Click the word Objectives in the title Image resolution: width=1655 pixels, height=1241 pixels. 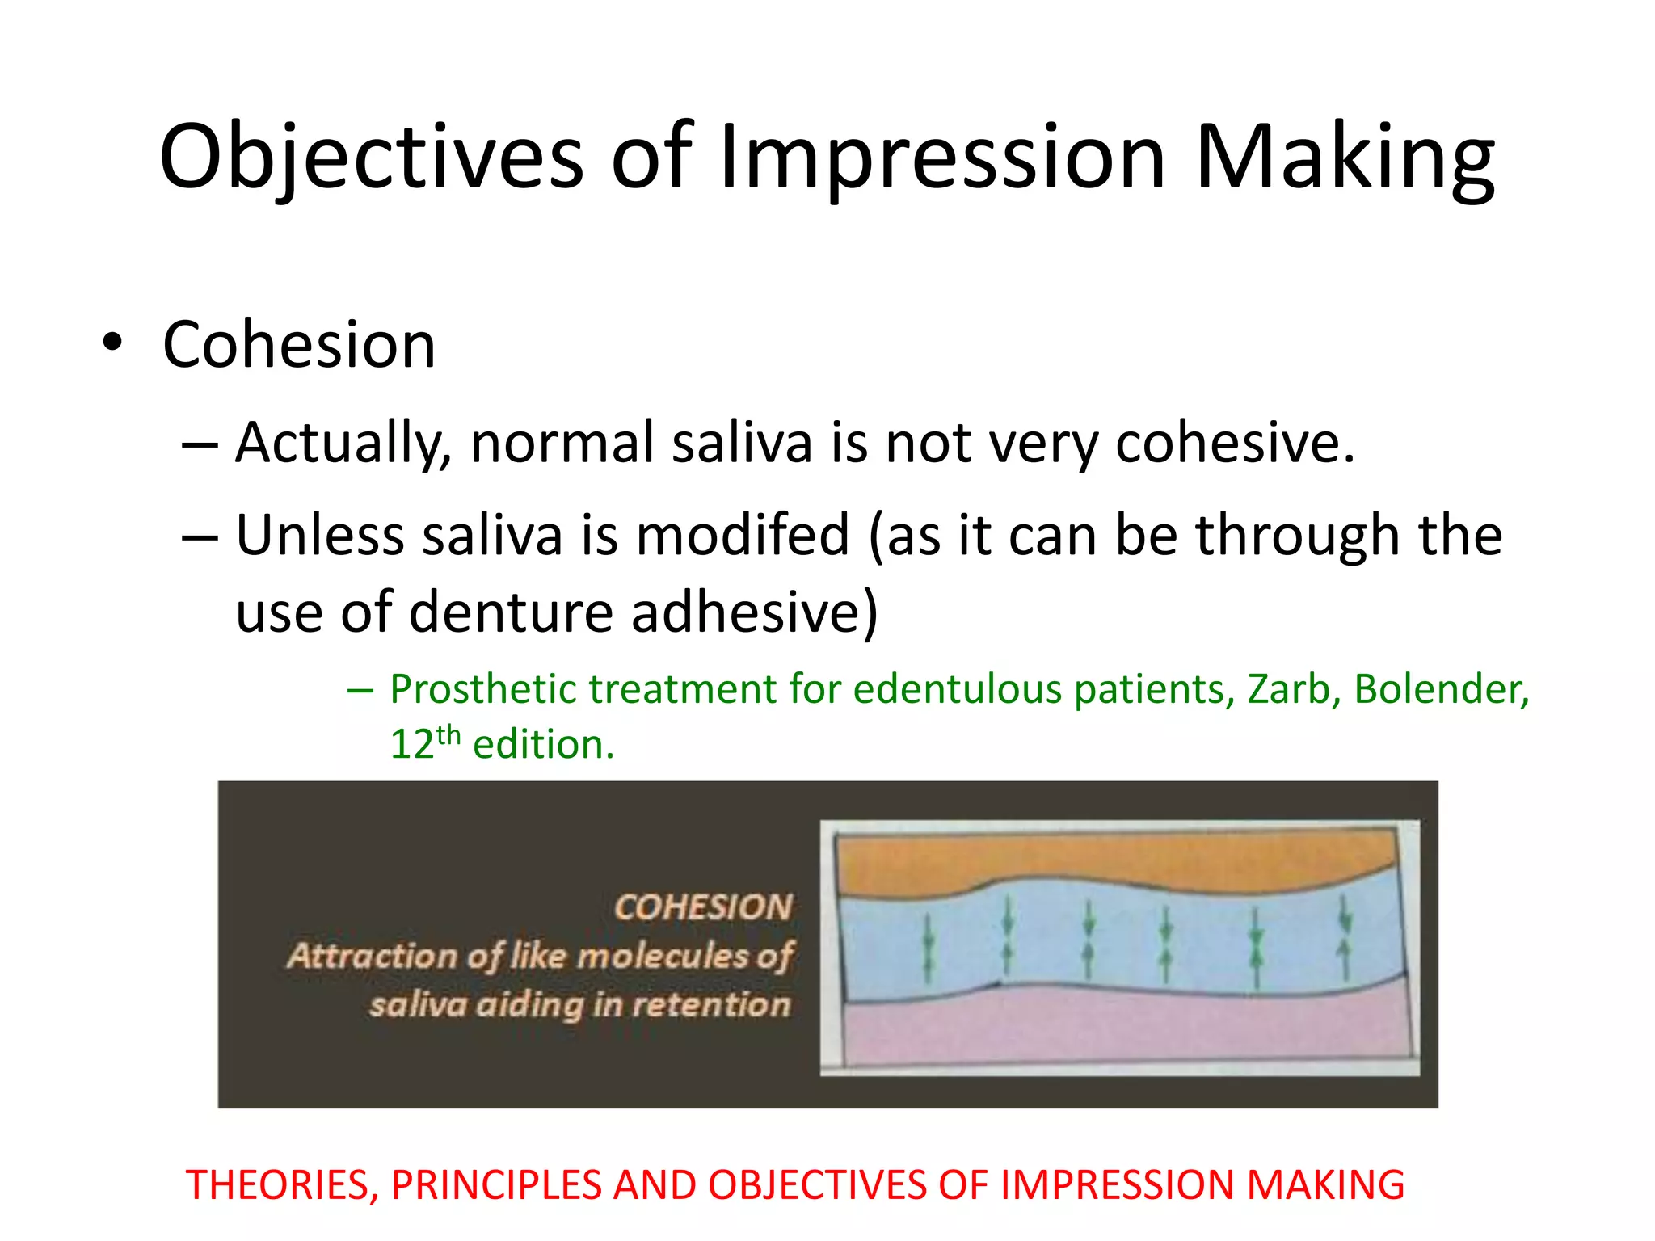pos(371,158)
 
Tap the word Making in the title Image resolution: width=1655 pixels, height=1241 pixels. pos(1345,158)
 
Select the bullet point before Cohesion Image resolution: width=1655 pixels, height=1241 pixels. pos(112,343)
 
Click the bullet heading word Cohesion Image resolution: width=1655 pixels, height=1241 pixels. pos(299,345)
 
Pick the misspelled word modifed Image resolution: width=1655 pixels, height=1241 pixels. pos(743,536)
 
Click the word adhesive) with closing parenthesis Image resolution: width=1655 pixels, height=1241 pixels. pos(755,612)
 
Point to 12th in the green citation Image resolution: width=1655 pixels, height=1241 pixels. pos(424,743)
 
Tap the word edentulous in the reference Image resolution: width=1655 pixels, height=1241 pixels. pos(957,689)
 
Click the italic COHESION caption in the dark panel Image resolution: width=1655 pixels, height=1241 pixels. pos(703,907)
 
